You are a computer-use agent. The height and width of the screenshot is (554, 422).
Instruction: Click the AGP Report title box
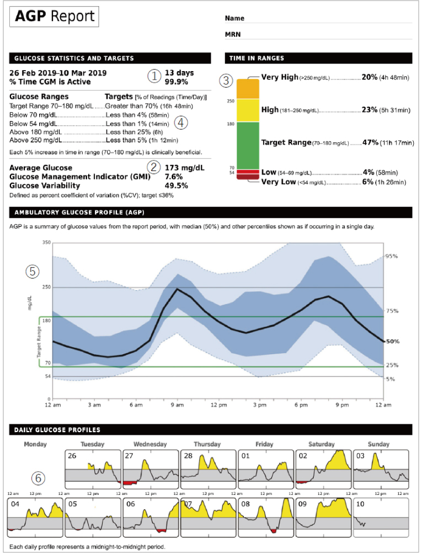pyautogui.click(x=54, y=17)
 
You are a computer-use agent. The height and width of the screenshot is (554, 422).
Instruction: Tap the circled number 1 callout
pyautogui.click(x=154, y=76)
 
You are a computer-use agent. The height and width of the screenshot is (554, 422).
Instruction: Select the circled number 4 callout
pyautogui.click(x=181, y=123)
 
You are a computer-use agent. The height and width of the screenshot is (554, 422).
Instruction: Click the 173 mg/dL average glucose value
pyautogui.click(x=184, y=168)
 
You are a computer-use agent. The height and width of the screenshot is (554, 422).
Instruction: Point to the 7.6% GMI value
pyautogui.click(x=174, y=177)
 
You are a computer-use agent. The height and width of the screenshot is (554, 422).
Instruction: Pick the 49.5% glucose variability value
pyautogui.click(x=176, y=186)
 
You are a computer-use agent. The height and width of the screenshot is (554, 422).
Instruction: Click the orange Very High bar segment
pyautogui.click(x=248, y=89)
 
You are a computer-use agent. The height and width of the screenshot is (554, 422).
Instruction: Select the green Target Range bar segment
pyautogui.click(x=248, y=146)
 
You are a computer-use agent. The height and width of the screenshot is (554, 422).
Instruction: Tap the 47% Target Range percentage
pyautogui.click(x=371, y=142)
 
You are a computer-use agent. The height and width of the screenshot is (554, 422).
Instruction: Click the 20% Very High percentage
pyautogui.click(x=370, y=77)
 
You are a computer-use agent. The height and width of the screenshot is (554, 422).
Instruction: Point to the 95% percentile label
pyautogui.click(x=392, y=256)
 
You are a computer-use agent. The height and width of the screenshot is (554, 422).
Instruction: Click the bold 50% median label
pyautogui.click(x=393, y=342)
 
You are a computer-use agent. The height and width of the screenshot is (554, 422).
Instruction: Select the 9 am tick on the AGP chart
pyautogui.click(x=177, y=405)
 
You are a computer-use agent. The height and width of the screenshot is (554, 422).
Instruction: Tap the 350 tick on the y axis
pyautogui.click(x=47, y=242)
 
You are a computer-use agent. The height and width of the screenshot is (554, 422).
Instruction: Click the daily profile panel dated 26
pyautogui.click(x=93, y=469)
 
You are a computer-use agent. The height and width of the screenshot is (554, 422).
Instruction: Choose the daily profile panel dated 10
pyautogui.click(x=381, y=518)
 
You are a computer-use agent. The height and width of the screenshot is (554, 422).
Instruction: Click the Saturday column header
pyautogui.click(x=322, y=444)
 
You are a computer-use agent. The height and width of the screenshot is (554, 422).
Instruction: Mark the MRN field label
pyautogui.click(x=233, y=34)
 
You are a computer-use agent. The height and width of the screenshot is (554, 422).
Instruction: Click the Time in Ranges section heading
pyautogui.click(x=257, y=58)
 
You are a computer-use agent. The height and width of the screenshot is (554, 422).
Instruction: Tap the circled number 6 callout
pyautogui.click(x=39, y=478)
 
